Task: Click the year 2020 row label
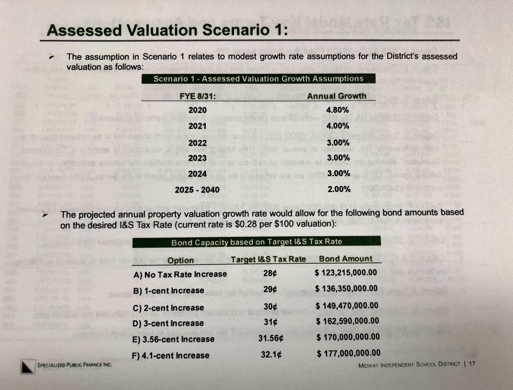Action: [198, 110]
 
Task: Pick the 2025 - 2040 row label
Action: [197, 189]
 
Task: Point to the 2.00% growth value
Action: [339, 189]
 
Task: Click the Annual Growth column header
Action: [336, 95]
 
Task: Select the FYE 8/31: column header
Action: [198, 96]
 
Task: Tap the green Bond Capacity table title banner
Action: [256, 242]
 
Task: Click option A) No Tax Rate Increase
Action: [180, 274]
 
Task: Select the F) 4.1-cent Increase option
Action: [171, 355]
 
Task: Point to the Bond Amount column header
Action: [346, 259]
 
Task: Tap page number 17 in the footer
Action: [472, 364]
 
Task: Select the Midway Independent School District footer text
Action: [409, 364]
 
